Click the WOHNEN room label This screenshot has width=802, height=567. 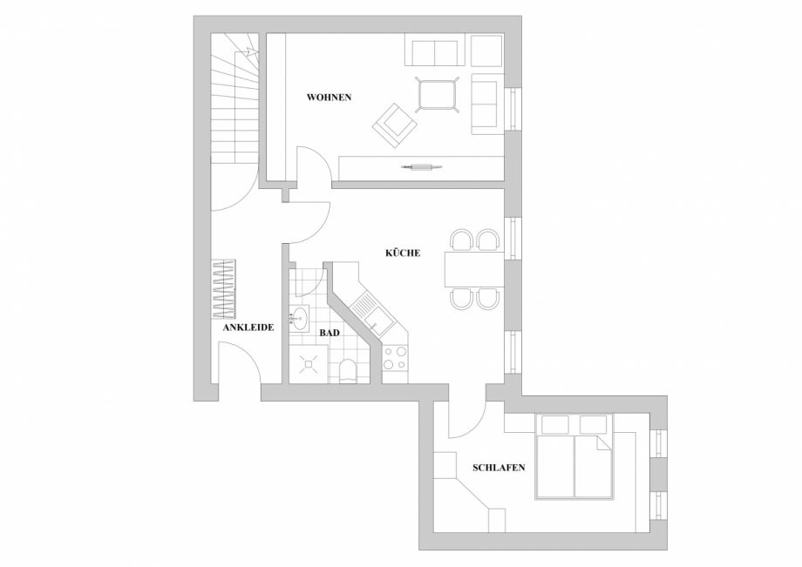(x=329, y=98)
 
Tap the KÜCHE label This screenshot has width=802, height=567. (x=403, y=253)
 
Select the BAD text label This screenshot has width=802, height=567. (x=329, y=333)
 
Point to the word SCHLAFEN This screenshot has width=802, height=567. (x=498, y=468)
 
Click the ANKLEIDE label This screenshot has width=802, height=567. (x=248, y=327)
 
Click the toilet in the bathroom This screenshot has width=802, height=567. (x=347, y=371)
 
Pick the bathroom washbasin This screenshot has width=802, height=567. (x=300, y=317)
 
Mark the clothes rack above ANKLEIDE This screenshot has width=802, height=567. (x=224, y=288)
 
